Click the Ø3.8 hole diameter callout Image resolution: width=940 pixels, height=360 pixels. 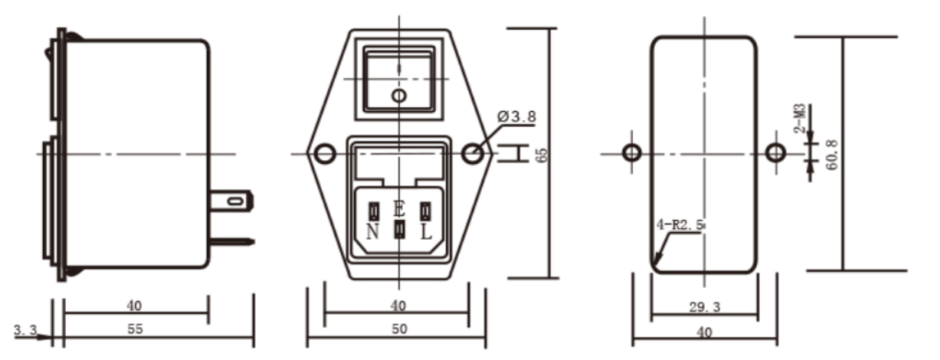coord(516,116)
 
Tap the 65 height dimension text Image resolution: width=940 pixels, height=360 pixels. coord(542,155)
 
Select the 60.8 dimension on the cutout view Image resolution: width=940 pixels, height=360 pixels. coord(831,155)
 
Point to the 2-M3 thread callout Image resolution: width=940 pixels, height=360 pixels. coord(800,118)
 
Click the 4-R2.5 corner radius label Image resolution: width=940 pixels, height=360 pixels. coord(680,225)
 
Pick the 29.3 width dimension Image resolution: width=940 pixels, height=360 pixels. coord(705,307)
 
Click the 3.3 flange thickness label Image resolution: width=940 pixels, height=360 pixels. coord(25,330)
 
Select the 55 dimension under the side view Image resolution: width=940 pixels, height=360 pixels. coord(135,329)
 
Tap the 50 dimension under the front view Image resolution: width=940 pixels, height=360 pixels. coord(399,329)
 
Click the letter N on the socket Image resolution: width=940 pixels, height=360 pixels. coord(372,231)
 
